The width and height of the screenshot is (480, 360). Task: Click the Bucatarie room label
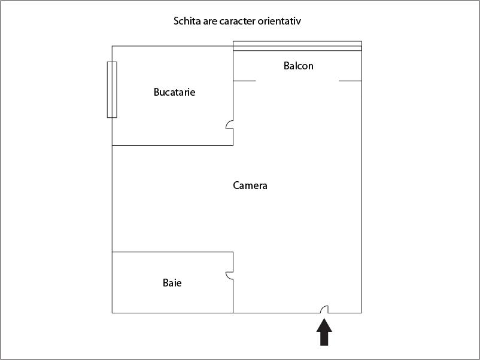[175, 92]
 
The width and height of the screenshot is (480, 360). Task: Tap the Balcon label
[299, 66]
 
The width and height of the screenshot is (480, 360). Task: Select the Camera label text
[250, 185]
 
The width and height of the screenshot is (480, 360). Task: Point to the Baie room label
[172, 283]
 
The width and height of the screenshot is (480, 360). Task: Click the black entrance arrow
[324, 332]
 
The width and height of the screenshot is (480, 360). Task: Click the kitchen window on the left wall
[112, 90]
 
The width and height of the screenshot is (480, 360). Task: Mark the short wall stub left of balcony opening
[245, 81]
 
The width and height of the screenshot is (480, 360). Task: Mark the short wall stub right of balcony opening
[350, 81]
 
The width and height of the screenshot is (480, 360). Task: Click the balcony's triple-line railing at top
[297, 46]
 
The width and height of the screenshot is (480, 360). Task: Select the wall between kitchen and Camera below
[172, 145]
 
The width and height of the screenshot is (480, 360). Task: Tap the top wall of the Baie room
[172, 252]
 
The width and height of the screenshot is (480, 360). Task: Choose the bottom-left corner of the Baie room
[112, 313]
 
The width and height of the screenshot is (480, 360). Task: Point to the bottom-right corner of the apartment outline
[362, 313]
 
